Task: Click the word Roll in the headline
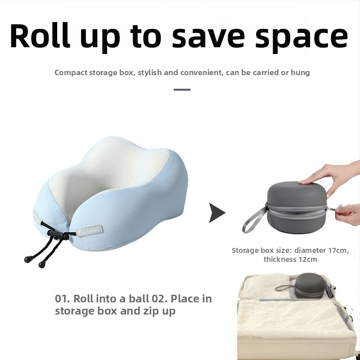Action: (x=40, y=36)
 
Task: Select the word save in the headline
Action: (x=208, y=37)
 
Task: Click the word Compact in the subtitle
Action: (x=71, y=72)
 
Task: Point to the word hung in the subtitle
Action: (x=300, y=72)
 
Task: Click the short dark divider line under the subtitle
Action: (x=182, y=90)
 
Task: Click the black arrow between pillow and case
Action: (x=217, y=212)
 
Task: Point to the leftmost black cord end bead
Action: (x=27, y=260)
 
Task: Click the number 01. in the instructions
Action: (x=63, y=299)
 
